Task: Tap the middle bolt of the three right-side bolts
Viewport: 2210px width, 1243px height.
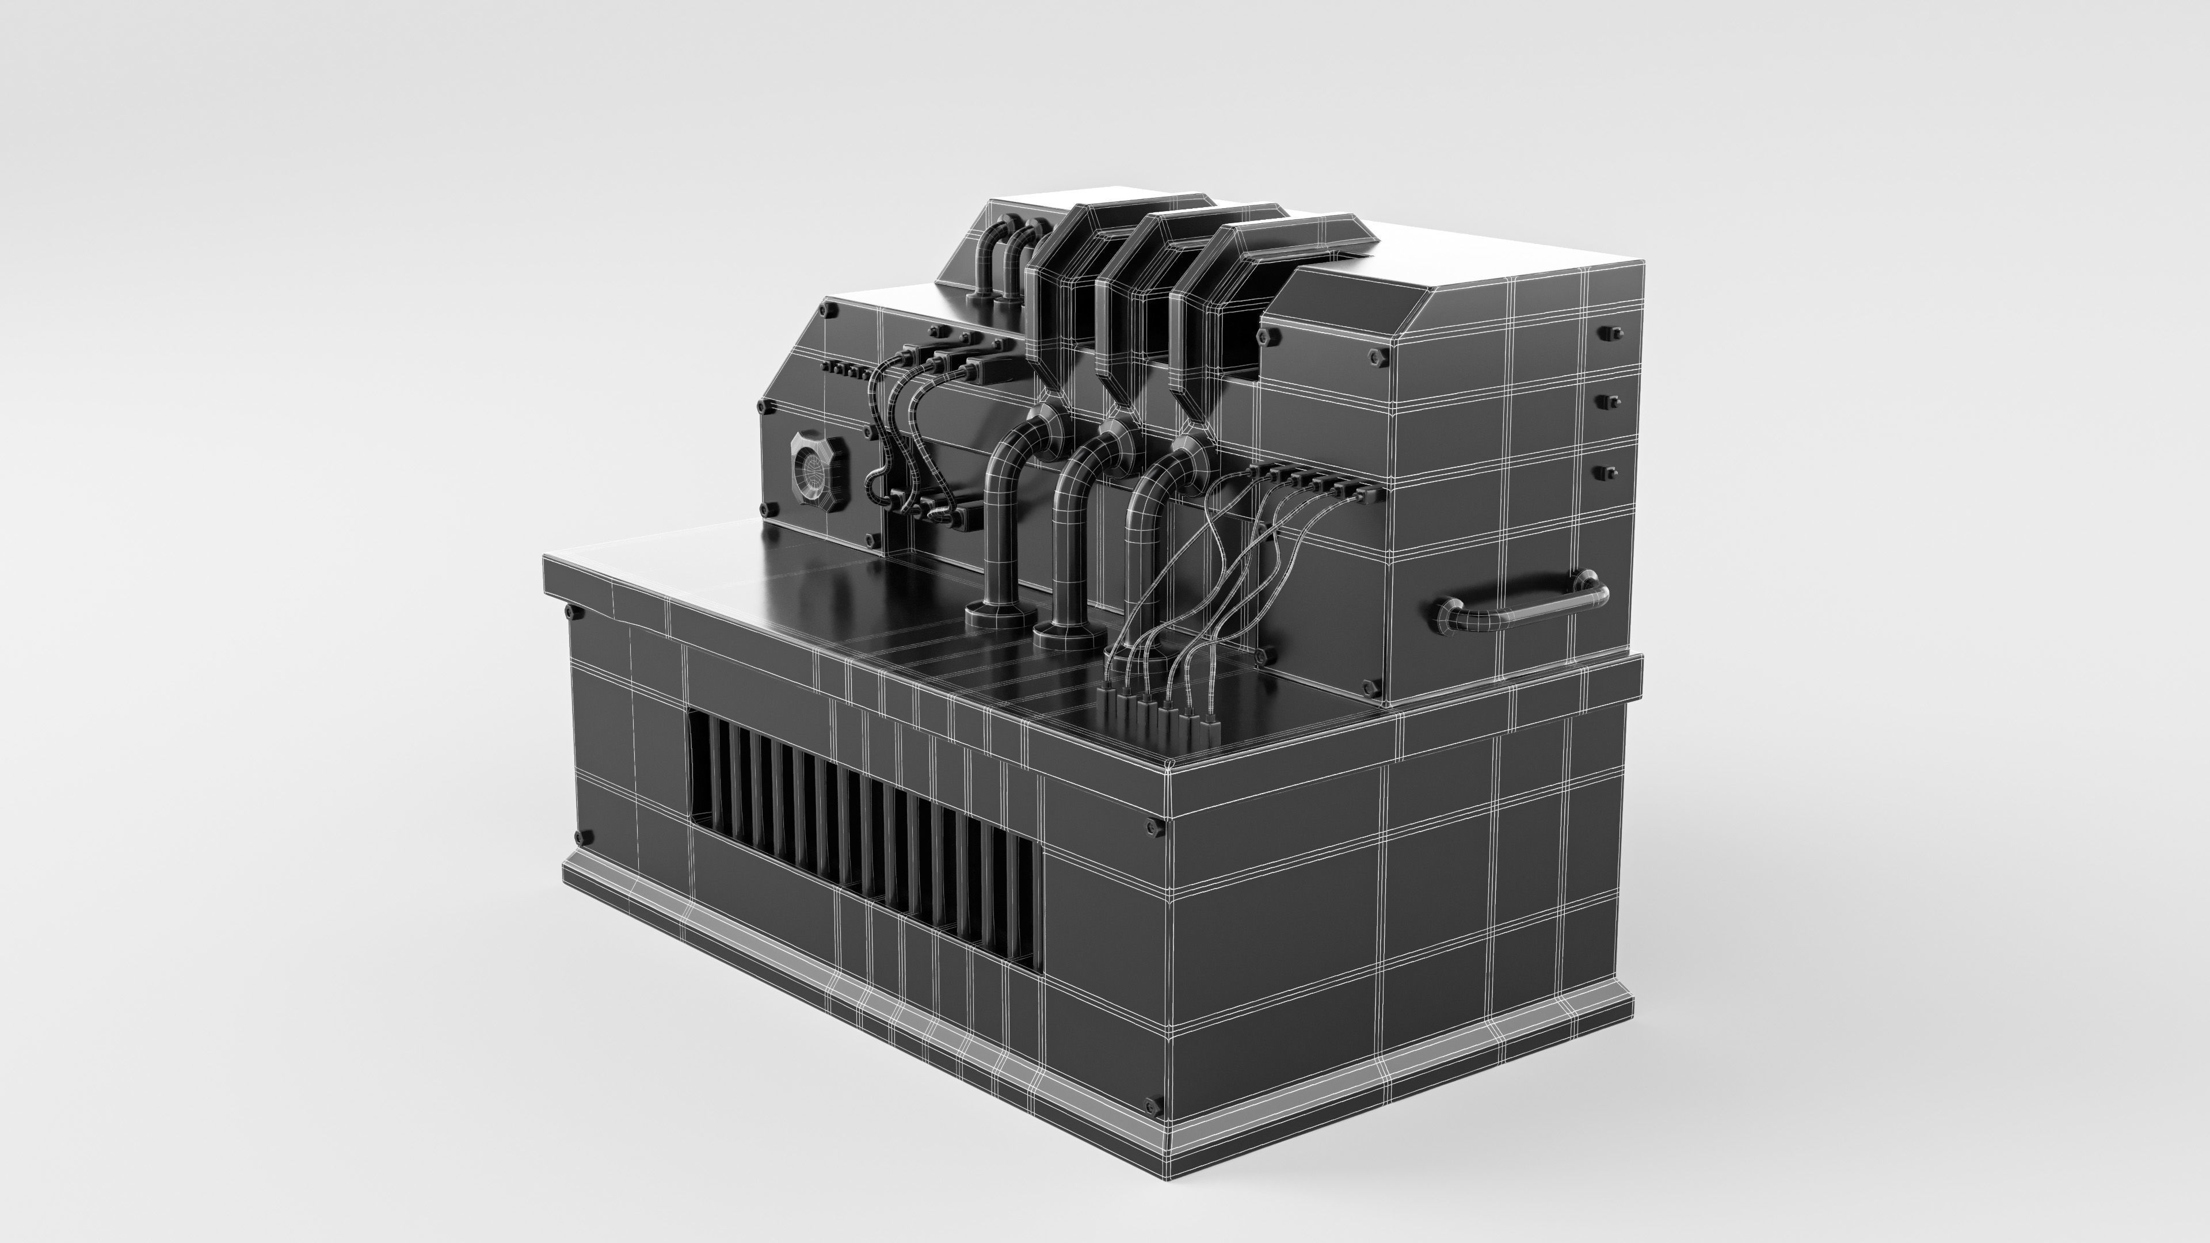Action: point(1610,401)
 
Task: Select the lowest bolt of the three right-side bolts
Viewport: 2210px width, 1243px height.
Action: point(1610,472)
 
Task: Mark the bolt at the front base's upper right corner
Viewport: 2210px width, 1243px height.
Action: point(1154,827)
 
